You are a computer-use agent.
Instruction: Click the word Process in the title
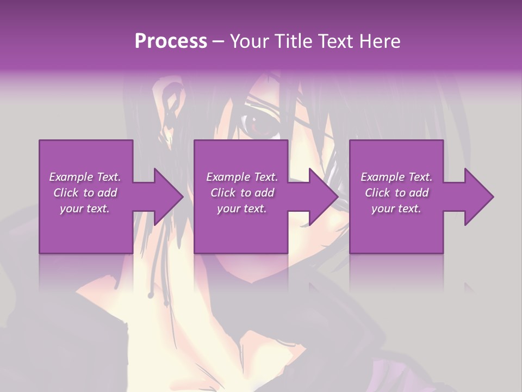point(171,41)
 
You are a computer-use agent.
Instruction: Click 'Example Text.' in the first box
point(85,177)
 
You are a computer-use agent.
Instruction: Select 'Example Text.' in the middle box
point(242,177)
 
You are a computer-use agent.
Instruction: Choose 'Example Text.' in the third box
point(396,177)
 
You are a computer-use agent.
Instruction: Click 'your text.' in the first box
point(85,209)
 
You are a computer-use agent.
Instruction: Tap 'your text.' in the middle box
point(241,209)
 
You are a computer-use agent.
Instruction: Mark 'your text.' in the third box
point(396,209)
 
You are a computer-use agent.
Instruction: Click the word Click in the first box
point(66,193)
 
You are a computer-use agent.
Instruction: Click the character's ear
point(173,101)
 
